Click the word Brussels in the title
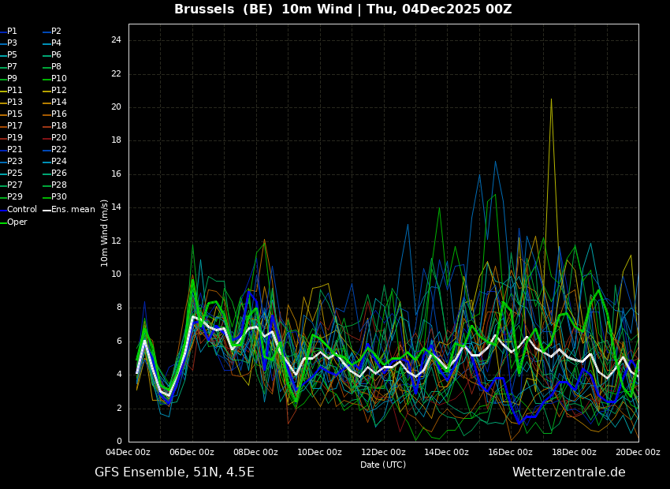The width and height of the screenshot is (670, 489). [202, 9]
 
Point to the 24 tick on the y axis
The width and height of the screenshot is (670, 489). [116, 40]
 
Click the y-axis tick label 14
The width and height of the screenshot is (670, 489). [116, 207]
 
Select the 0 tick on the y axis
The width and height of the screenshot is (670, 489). [119, 442]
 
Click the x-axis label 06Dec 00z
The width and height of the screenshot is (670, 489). [192, 453]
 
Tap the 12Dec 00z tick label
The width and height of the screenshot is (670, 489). [383, 453]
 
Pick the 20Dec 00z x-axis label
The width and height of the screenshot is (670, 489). [638, 453]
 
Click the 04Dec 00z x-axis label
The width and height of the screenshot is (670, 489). [128, 453]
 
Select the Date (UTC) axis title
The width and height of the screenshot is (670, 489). [383, 465]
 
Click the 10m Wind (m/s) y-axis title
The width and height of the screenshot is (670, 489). [105, 233]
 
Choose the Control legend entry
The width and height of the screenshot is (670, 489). [21, 210]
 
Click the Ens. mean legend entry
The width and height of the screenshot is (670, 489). [73, 210]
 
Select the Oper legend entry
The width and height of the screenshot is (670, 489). [17, 222]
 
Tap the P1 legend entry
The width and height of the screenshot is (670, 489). [12, 32]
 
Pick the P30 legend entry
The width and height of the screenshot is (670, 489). [59, 197]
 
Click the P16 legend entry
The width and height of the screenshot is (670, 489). [59, 114]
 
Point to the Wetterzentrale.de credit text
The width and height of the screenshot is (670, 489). [568, 472]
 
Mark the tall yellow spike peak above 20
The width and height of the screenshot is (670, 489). [551, 99]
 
